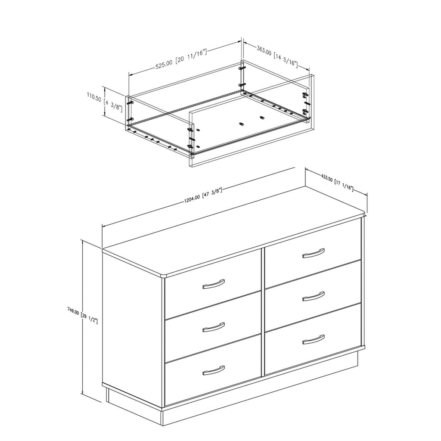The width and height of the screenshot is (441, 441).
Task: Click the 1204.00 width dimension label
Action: pyautogui.click(x=203, y=195)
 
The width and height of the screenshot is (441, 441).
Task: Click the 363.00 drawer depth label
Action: pyautogui.click(x=277, y=56)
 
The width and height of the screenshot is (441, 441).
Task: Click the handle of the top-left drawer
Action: pyautogui.click(x=214, y=284)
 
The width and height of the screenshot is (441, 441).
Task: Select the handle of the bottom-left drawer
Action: pyautogui.click(x=214, y=370)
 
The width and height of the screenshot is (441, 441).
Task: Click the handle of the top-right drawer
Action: pyautogui.click(x=314, y=253)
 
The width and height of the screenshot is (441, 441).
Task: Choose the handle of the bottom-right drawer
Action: pyautogui.click(x=314, y=339)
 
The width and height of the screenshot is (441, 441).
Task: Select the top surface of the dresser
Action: pyautogui.click(x=233, y=231)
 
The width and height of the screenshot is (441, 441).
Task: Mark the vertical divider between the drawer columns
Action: pyautogui.click(x=263, y=312)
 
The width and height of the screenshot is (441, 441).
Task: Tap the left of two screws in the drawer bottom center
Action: pyautogui.click(x=241, y=124)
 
